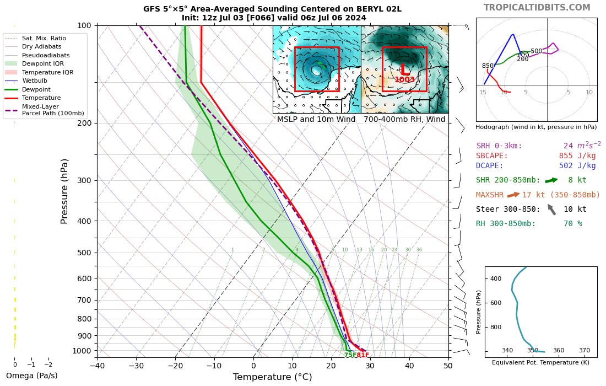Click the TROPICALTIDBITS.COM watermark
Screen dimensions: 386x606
(x=537, y=8)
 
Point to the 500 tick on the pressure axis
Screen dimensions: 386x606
(x=84, y=253)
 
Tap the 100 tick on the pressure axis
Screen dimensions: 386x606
(x=84, y=25)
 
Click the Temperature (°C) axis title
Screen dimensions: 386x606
(x=272, y=377)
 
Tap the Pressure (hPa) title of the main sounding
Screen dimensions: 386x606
(x=65, y=191)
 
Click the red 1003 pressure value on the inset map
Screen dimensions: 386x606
(x=404, y=80)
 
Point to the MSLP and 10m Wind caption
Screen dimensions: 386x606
(x=317, y=119)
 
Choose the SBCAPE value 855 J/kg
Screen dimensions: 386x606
(x=577, y=156)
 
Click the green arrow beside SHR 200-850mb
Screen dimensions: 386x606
(x=551, y=180)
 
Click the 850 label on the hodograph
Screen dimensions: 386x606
(x=488, y=66)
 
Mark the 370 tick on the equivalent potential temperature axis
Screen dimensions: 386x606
(x=585, y=350)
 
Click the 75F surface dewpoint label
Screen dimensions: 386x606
(x=350, y=355)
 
